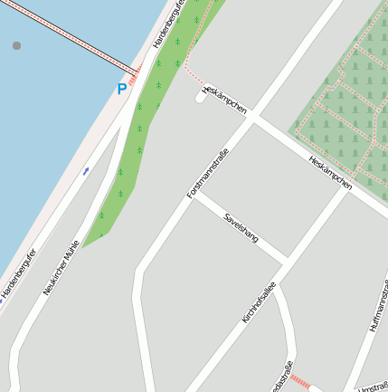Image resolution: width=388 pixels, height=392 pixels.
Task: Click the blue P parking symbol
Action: [x=121, y=89]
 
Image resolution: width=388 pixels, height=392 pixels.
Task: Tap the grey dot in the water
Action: [x=16, y=44]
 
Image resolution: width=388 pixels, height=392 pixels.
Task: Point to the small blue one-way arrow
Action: [x=86, y=169]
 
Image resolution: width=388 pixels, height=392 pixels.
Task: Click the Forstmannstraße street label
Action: [x=207, y=174]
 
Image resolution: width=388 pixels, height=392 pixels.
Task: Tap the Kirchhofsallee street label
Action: [x=259, y=302]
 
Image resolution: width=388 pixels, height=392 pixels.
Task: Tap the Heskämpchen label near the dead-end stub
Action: [x=226, y=99]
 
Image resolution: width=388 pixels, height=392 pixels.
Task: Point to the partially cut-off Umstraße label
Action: [x=373, y=386]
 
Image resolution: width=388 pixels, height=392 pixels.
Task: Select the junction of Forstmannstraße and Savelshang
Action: [x=194, y=195]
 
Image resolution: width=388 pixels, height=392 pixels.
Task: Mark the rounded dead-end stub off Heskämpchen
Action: [x=201, y=95]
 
